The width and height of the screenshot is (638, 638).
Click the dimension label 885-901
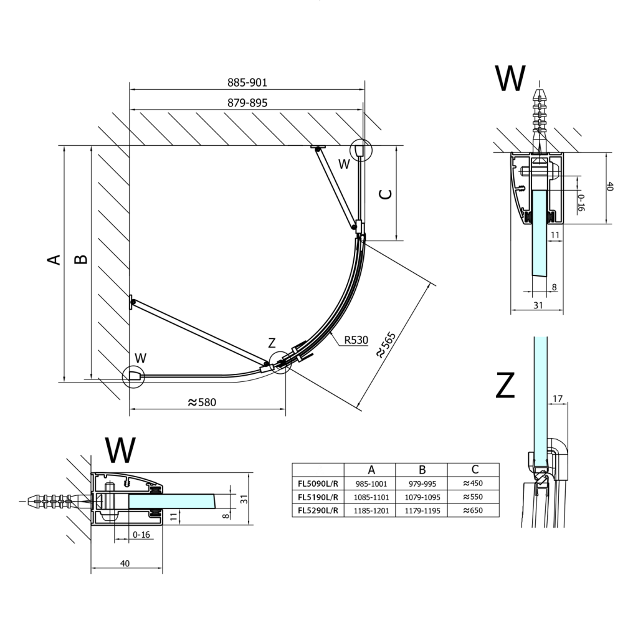click(247, 82)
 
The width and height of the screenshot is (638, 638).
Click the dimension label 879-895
click(247, 103)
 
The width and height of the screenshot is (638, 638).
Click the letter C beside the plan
click(386, 194)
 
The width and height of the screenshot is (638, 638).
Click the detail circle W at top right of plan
click(360, 150)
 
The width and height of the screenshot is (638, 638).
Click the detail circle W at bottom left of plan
click(133, 376)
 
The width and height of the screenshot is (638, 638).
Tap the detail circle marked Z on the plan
click(280, 361)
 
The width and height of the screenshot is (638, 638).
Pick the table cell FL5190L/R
click(318, 497)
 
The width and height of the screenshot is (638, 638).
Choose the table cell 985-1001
click(371, 483)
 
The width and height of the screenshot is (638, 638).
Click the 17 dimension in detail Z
click(558, 397)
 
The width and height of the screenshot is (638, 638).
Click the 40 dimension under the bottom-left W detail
click(125, 563)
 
